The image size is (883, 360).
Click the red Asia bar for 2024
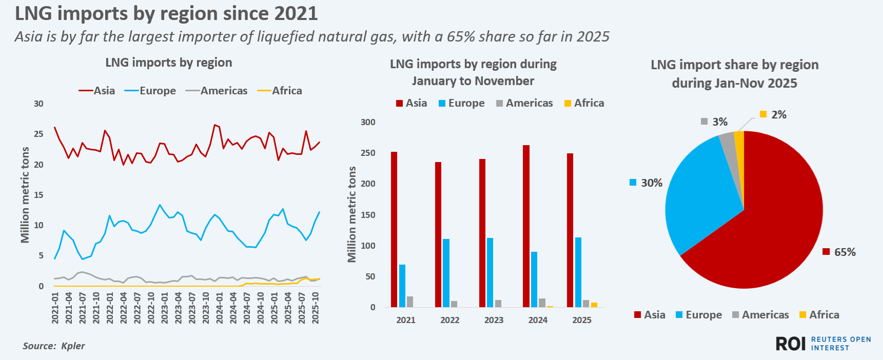[526, 226]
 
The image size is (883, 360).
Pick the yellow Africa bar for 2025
[594, 305]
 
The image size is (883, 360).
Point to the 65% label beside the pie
[845, 252]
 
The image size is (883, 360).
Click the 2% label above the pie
[778, 114]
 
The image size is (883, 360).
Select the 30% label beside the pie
[652, 183]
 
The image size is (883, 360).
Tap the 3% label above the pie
[719, 122]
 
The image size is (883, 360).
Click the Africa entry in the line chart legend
[286, 91]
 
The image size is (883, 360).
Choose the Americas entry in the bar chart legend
[529, 103]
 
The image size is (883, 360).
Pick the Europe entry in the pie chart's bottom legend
[703, 315]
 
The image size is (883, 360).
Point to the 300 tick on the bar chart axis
[368, 122]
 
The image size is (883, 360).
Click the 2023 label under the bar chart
[494, 320]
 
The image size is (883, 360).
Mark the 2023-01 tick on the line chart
[165, 308]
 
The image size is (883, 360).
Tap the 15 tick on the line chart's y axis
[39, 195]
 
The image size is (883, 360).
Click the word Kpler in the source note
[73, 346]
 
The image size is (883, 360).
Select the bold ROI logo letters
[790, 344]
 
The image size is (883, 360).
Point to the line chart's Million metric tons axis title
[25, 195]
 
